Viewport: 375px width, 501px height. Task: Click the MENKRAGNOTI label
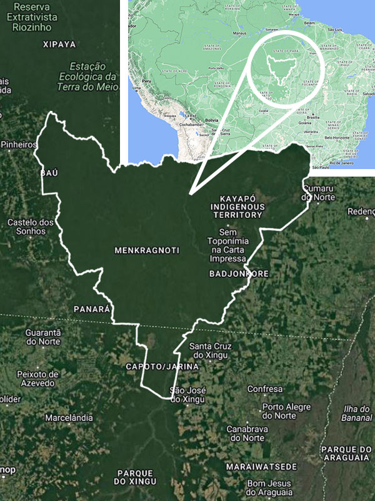coord(147,250)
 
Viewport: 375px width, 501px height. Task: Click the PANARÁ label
coord(92,309)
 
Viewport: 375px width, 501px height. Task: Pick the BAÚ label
coord(49,172)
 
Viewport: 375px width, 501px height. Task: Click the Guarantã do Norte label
coord(42,337)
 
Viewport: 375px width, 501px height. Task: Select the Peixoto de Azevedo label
coord(38,378)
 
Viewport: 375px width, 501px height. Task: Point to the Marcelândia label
coord(69,418)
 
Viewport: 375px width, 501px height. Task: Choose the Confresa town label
coord(265,389)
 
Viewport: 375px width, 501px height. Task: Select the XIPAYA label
coord(59,44)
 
